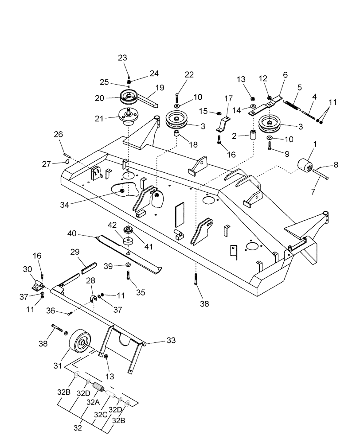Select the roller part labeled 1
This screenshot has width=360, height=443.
pyautogui.click(x=303, y=168)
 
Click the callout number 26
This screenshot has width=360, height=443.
pyautogui.click(x=59, y=134)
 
